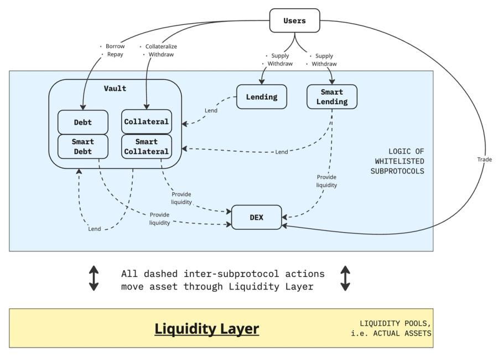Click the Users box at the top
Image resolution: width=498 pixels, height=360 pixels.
[294, 21]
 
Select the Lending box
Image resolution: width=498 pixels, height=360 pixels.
[262, 96]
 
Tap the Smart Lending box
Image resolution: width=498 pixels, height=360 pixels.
[331, 96]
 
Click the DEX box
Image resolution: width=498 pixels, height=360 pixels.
[256, 217]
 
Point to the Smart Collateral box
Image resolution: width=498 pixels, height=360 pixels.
[146, 146]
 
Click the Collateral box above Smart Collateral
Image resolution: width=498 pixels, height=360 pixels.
[146, 122]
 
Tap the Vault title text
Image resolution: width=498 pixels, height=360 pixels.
[115, 89]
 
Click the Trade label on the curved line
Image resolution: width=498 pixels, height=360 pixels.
[485, 160]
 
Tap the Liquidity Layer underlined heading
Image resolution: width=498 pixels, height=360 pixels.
[207, 329]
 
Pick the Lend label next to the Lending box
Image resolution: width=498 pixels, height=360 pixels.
[211, 111]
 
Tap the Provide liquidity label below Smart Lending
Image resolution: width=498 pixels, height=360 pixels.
[326, 181]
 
